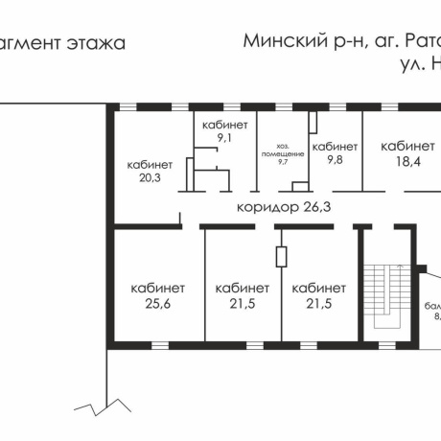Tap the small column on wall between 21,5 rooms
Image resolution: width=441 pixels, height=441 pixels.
[280, 257]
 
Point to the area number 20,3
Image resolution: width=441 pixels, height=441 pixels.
[150, 176]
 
